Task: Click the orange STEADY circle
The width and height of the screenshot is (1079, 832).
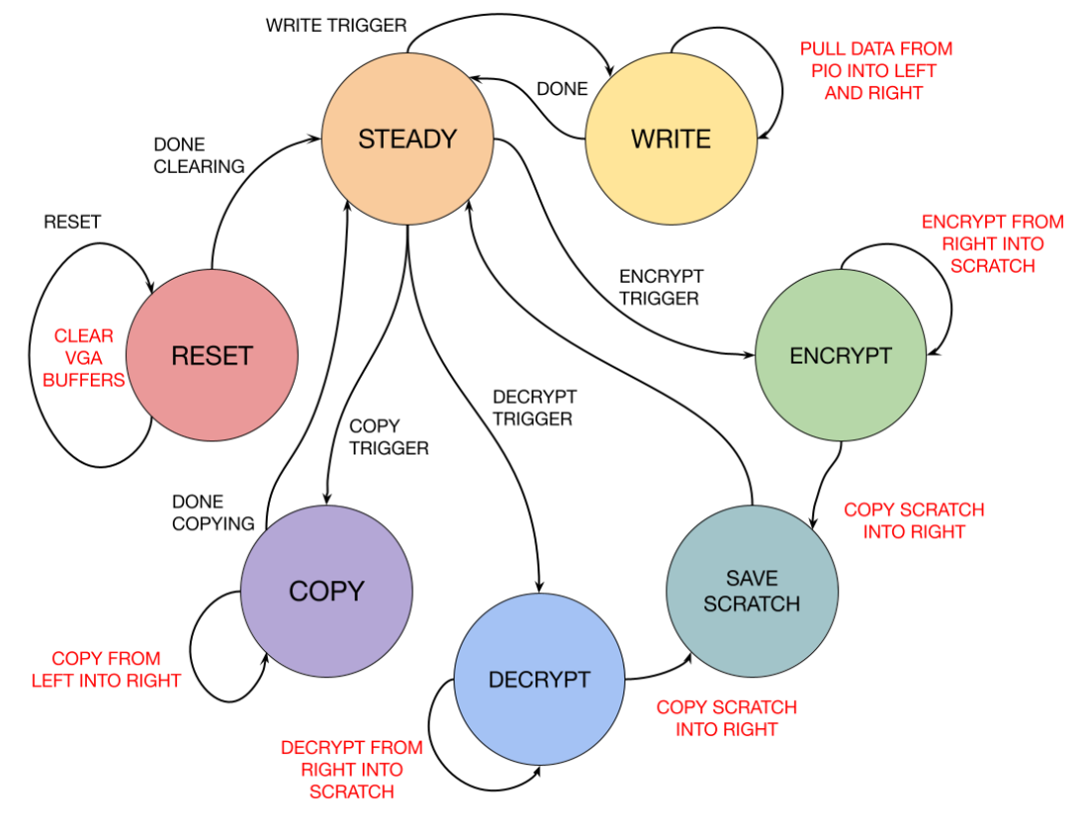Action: coord(408,139)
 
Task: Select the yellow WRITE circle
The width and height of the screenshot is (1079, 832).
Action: coord(670,139)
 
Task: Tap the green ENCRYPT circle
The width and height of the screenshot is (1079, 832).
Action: coord(840,356)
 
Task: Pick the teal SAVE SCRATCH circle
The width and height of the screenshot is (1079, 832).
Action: coord(751,591)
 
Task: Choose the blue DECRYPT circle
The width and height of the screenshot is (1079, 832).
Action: coord(539,679)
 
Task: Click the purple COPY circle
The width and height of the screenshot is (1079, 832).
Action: coord(327,591)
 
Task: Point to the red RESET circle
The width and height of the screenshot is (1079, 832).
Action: coord(212,356)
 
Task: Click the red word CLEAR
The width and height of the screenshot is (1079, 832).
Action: coord(84,337)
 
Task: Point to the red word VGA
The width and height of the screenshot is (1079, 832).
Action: coord(84,359)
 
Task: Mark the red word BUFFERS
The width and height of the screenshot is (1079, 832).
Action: coord(84,381)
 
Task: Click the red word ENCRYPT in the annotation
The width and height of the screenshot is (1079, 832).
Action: coord(956,222)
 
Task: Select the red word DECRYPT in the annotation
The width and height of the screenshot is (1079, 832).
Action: coord(315,747)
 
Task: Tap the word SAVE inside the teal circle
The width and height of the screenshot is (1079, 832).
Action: coord(751,578)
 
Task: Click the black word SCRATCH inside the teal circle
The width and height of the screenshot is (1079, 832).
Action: coord(751,604)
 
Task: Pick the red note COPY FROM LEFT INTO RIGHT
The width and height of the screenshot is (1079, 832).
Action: coord(106,670)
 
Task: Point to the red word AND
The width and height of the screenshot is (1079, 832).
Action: coord(843,93)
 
